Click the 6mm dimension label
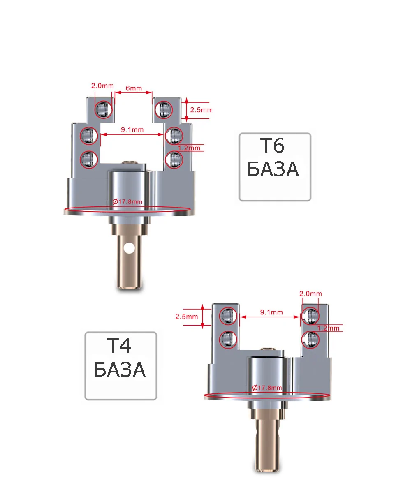tap(134, 88)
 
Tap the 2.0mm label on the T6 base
tap(102, 86)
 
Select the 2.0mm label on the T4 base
tap(310, 294)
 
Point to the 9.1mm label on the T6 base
tap(132, 130)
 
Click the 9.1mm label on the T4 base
tap(271, 312)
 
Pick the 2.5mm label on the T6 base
tap(201, 110)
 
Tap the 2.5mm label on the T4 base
tap(186, 317)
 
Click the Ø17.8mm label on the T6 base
tap(127, 201)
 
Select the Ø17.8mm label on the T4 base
tap(267, 388)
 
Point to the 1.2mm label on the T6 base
tap(189, 148)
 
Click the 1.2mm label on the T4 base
tap(328, 328)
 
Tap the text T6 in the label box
tap(272, 146)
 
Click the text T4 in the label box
tap(119, 345)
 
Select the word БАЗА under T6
tap(273, 169)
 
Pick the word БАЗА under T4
tap(120, 370)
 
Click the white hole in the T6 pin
tap(129, 248)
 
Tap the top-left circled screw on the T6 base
tap(103, 109)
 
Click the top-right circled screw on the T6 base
tap(164, 110)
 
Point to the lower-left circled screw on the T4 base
tap(228, 339)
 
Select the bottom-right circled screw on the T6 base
tap(174, 160)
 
